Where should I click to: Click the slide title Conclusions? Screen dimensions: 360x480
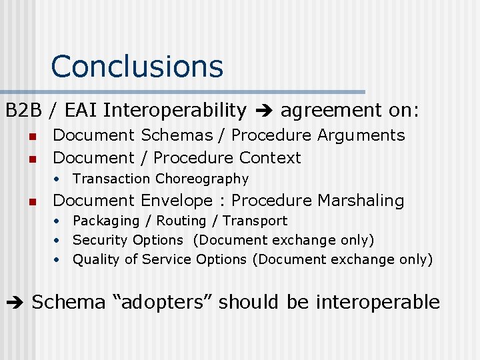pos(137,67)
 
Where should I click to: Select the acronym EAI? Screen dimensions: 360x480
pos(79,110)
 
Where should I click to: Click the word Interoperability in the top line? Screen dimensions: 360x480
pos(175,110)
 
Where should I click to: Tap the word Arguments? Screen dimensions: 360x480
pos(361,135)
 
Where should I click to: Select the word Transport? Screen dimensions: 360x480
pos(255,221)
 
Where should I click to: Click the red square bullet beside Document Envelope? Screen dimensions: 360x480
pos(31,201)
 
